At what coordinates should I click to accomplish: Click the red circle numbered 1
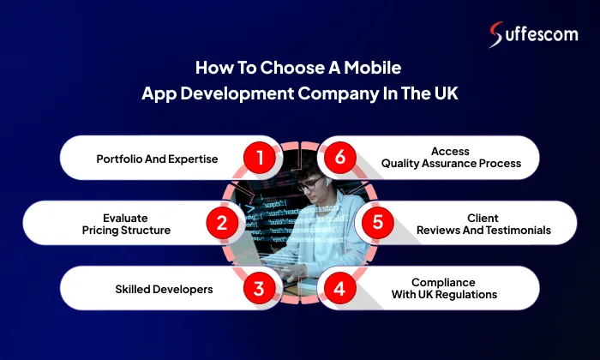(x=258, y=157)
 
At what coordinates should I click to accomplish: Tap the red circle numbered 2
(x=221, y=224)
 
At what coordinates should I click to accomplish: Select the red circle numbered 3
(x=258, y=289)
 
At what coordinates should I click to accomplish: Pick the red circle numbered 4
(x=340, y=289)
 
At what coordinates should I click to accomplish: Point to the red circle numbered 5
(x=377, y=224)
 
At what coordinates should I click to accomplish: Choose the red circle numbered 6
(x=340, y=157)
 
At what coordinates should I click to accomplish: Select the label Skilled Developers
(x=164, y=290)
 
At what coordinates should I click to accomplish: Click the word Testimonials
(x=514, y=231)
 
